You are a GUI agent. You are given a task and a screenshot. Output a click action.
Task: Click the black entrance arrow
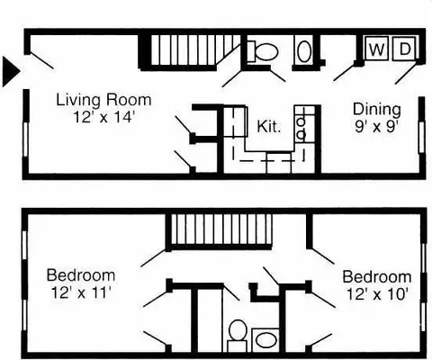click(x=10, y=71)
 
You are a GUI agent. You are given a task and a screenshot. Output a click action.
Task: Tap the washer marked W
click(x=376, y=49)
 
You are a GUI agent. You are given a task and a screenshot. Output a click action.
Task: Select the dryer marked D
click(x=404, y=49)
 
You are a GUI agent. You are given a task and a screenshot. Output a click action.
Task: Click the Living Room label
click(x=103, y=100)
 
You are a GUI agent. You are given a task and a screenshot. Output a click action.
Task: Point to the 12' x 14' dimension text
click(x=103, y=117)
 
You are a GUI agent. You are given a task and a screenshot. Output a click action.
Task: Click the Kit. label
click(x=269, y=126)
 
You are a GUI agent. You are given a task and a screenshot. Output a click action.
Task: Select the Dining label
click(x=377, y=110)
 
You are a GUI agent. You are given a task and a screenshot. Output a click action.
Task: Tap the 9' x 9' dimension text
click(x=376, y=127)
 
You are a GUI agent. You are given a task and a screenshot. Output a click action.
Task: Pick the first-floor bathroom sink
click(x=304, y=51)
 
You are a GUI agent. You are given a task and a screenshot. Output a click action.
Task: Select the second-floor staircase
click(x=220, y=231)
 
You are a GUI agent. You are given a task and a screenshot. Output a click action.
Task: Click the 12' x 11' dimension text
click(x=81, y=292)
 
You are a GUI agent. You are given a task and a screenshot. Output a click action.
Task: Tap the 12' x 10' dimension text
click(x=377, y=294)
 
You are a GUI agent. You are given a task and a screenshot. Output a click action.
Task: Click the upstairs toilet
click(x=238, y=336)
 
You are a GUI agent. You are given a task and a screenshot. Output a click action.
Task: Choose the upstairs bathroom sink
click(x=265, y=340)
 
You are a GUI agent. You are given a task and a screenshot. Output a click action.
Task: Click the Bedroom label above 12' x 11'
click(x=81, y=274)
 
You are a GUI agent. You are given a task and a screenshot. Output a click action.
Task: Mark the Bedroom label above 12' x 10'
click(x=377, y=276)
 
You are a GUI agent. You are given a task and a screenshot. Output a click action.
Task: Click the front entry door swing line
click(x=42, y=61)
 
